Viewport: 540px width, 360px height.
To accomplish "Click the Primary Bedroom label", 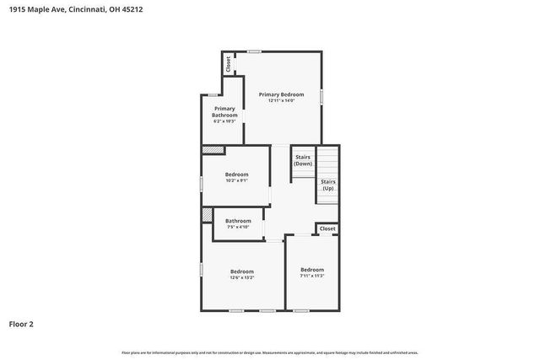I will click(281, 94).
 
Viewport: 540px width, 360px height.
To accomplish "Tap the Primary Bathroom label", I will click(224, 111).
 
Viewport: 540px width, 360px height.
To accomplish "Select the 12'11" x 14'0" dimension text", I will click(281, 101).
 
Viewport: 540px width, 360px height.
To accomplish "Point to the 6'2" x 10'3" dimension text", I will click(224, 122).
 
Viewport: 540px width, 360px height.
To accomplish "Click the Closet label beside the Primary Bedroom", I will click(227, 63).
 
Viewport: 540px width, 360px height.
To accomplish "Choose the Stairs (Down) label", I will click(303, 160).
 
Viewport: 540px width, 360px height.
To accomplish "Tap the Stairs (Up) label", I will click(328, 185).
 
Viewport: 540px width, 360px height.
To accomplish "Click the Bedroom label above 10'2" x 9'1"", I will click(236, 175).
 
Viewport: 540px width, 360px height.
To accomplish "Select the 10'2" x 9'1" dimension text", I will click(236, 180).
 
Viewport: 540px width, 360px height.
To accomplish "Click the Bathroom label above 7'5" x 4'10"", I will click(238, 221).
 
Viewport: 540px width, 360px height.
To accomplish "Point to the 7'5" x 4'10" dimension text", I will click(238, 227).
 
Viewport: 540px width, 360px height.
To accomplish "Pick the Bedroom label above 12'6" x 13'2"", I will click(242, 271).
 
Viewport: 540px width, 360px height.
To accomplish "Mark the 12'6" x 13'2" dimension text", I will click(242, 277).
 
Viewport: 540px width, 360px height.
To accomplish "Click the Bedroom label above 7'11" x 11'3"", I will click(312, 270).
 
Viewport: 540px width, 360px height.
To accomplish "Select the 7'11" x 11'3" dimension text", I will click(312, 276).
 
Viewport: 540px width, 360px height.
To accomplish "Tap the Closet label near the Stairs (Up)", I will click(327, 228).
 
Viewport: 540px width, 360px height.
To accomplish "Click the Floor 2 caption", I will click(21, 324).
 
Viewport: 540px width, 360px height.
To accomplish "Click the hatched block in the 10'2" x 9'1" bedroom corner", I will click(213, 151).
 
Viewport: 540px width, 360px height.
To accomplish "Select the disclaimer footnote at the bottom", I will click(270, 352).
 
